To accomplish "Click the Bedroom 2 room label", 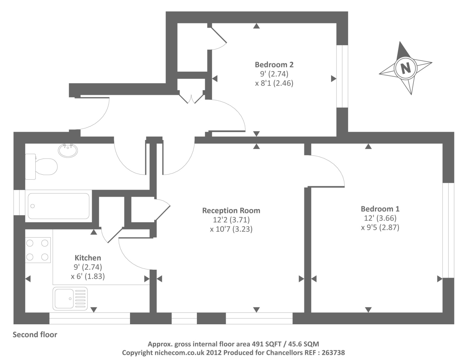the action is [x=274, y=64].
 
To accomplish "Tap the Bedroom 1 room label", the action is [x=380, y=209].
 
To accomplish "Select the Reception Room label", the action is [x=231, y=211].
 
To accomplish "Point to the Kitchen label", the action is [x=88, y=258].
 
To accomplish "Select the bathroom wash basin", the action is [x=68, y=150].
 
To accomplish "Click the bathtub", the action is [x=58, y=206].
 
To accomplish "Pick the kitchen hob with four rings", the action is [x=37, y=250].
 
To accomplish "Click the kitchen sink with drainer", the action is [x=70, y=298].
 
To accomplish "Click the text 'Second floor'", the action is [x=35, y=335].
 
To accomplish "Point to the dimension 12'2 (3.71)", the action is [x=231, y=220].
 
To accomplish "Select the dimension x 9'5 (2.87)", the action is [x=380, y=227].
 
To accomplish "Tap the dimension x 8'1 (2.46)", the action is [x=274, y=83].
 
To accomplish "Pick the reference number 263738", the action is [x=333, y=352].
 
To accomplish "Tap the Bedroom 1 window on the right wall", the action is [x=448, y=230].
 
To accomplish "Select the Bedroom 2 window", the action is [x=342, y=76].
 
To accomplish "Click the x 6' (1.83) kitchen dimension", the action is [x=88, y=276].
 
